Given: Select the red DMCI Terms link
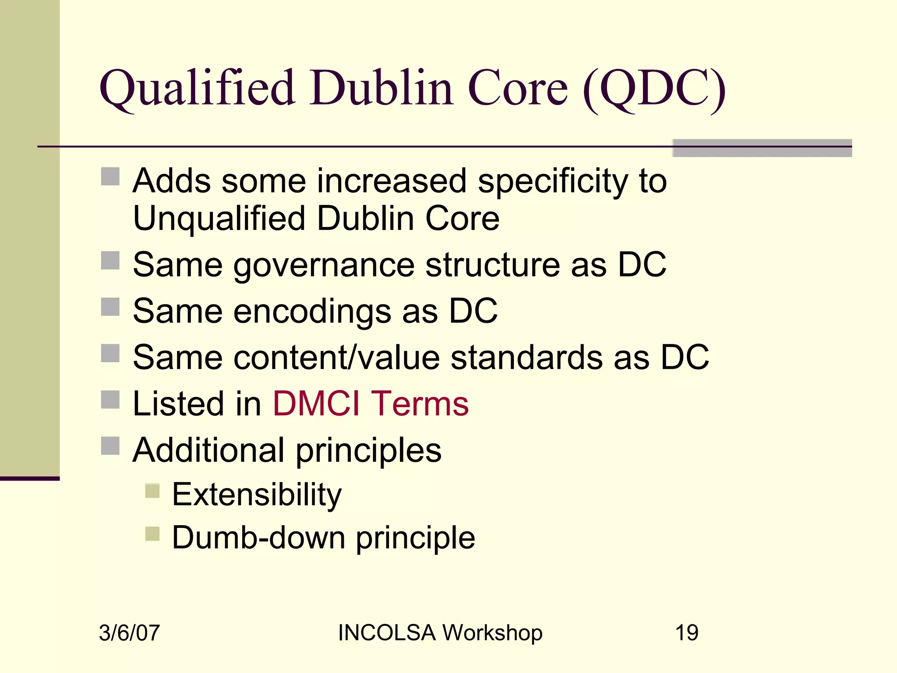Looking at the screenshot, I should click(x=371, y=403).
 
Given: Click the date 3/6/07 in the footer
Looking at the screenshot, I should click(x=129, y=633).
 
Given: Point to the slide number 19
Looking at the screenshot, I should click(x=686, y=633).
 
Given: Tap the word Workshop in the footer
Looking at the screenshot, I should click(x=492, y=633).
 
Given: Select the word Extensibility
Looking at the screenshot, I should click(x=257, y=494).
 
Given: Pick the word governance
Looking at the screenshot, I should click(x=324, y=266).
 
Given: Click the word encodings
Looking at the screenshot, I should click(x=312, y=311).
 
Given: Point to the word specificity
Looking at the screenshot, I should click(x=553, y=181).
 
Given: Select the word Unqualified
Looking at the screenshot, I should click(x=219, y=218).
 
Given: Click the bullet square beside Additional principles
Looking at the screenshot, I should click(x=110, y=446).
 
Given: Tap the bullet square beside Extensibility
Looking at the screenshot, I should click(x=152, y=491).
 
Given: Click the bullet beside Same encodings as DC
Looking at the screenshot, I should click(x=110, y=307).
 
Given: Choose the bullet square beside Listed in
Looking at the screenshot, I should click(x=110, y=400).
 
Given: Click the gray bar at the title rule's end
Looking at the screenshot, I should click(x=762, y=148).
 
